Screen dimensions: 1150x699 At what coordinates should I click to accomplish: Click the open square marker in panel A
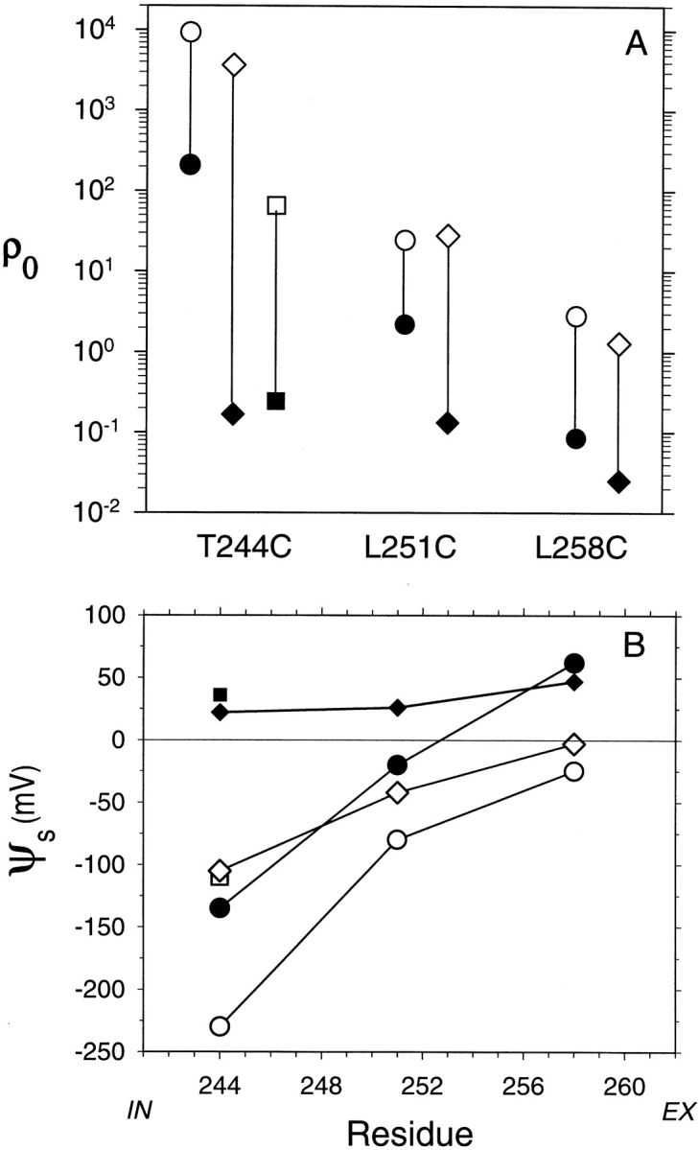point(276,204)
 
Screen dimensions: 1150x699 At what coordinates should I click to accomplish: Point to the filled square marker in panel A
point(276,401)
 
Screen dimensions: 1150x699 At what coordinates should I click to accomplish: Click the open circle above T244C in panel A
point(191,32)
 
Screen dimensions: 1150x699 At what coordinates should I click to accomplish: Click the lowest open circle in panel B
point(220,1026)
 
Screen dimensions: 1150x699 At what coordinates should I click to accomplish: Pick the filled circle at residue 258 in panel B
point(574,663)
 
